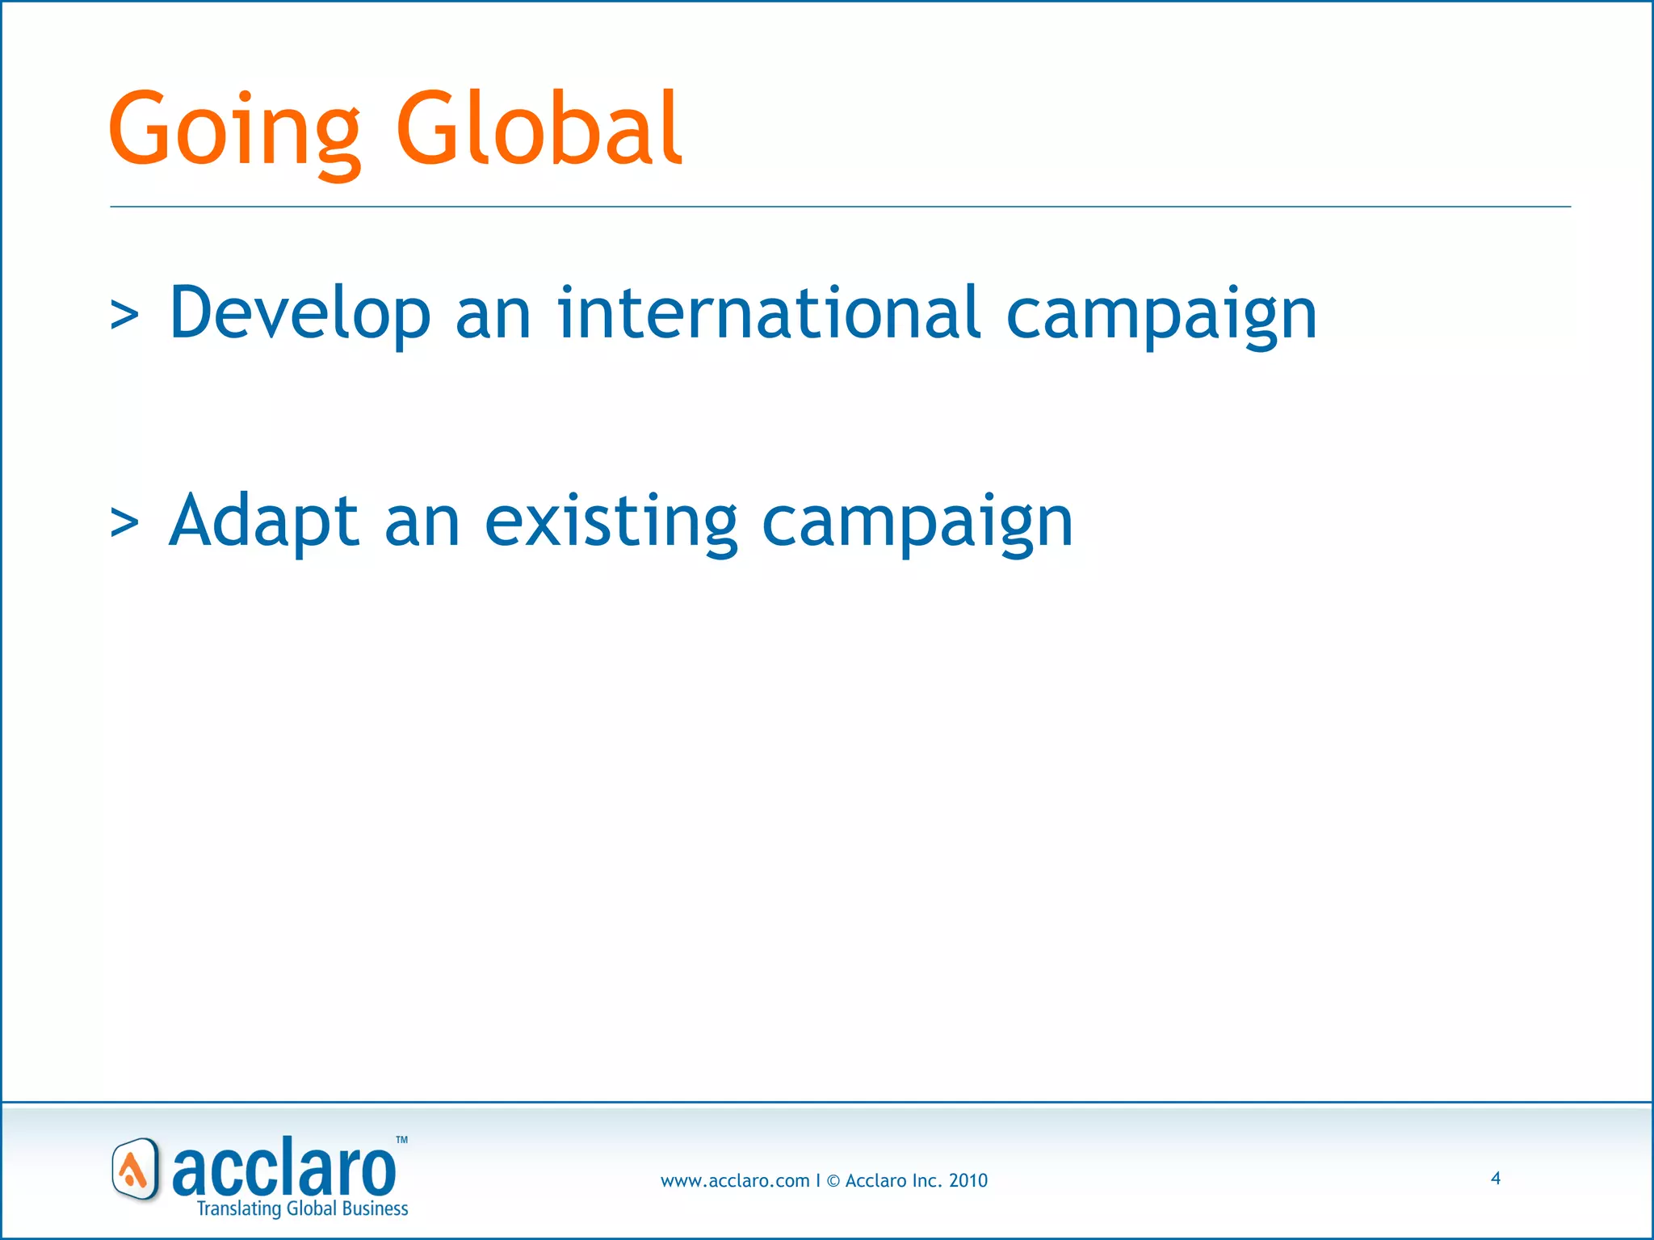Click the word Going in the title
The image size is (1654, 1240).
234,129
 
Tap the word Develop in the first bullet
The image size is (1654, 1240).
300,313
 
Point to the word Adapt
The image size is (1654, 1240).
263,522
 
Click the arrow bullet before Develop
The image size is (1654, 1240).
124,316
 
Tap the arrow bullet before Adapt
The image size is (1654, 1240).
124,523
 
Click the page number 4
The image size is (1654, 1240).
1496,1179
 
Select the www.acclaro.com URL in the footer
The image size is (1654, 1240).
734,1181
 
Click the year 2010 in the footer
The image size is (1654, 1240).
968,1181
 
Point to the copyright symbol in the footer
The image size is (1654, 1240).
833,1181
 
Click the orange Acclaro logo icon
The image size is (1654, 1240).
135,1170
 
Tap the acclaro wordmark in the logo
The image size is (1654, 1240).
284,1170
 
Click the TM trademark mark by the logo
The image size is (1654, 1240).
401,1141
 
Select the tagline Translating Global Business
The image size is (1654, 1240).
303,1209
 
